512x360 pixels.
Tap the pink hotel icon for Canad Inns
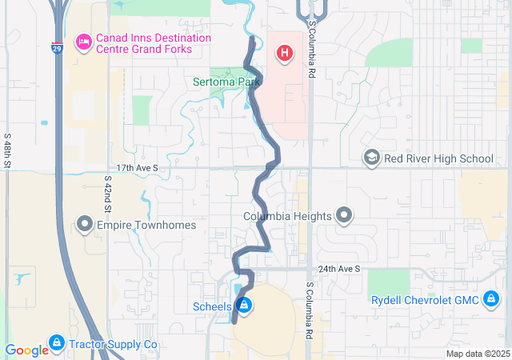(82, 40)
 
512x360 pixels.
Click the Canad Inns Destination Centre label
(154, 44)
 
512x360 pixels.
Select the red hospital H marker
(283, 54)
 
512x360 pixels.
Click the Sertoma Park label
(227, 81)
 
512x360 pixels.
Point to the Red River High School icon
(371, 158)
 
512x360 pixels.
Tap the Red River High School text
(438, 158)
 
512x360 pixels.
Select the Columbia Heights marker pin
(344, 216)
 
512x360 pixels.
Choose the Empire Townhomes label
(146, 226)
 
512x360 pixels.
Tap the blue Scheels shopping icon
(244, 306)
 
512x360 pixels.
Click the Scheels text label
(213, 306)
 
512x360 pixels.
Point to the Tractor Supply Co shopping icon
(56, 344)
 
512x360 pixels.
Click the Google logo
(26, 350)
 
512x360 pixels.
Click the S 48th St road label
(7, 150)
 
